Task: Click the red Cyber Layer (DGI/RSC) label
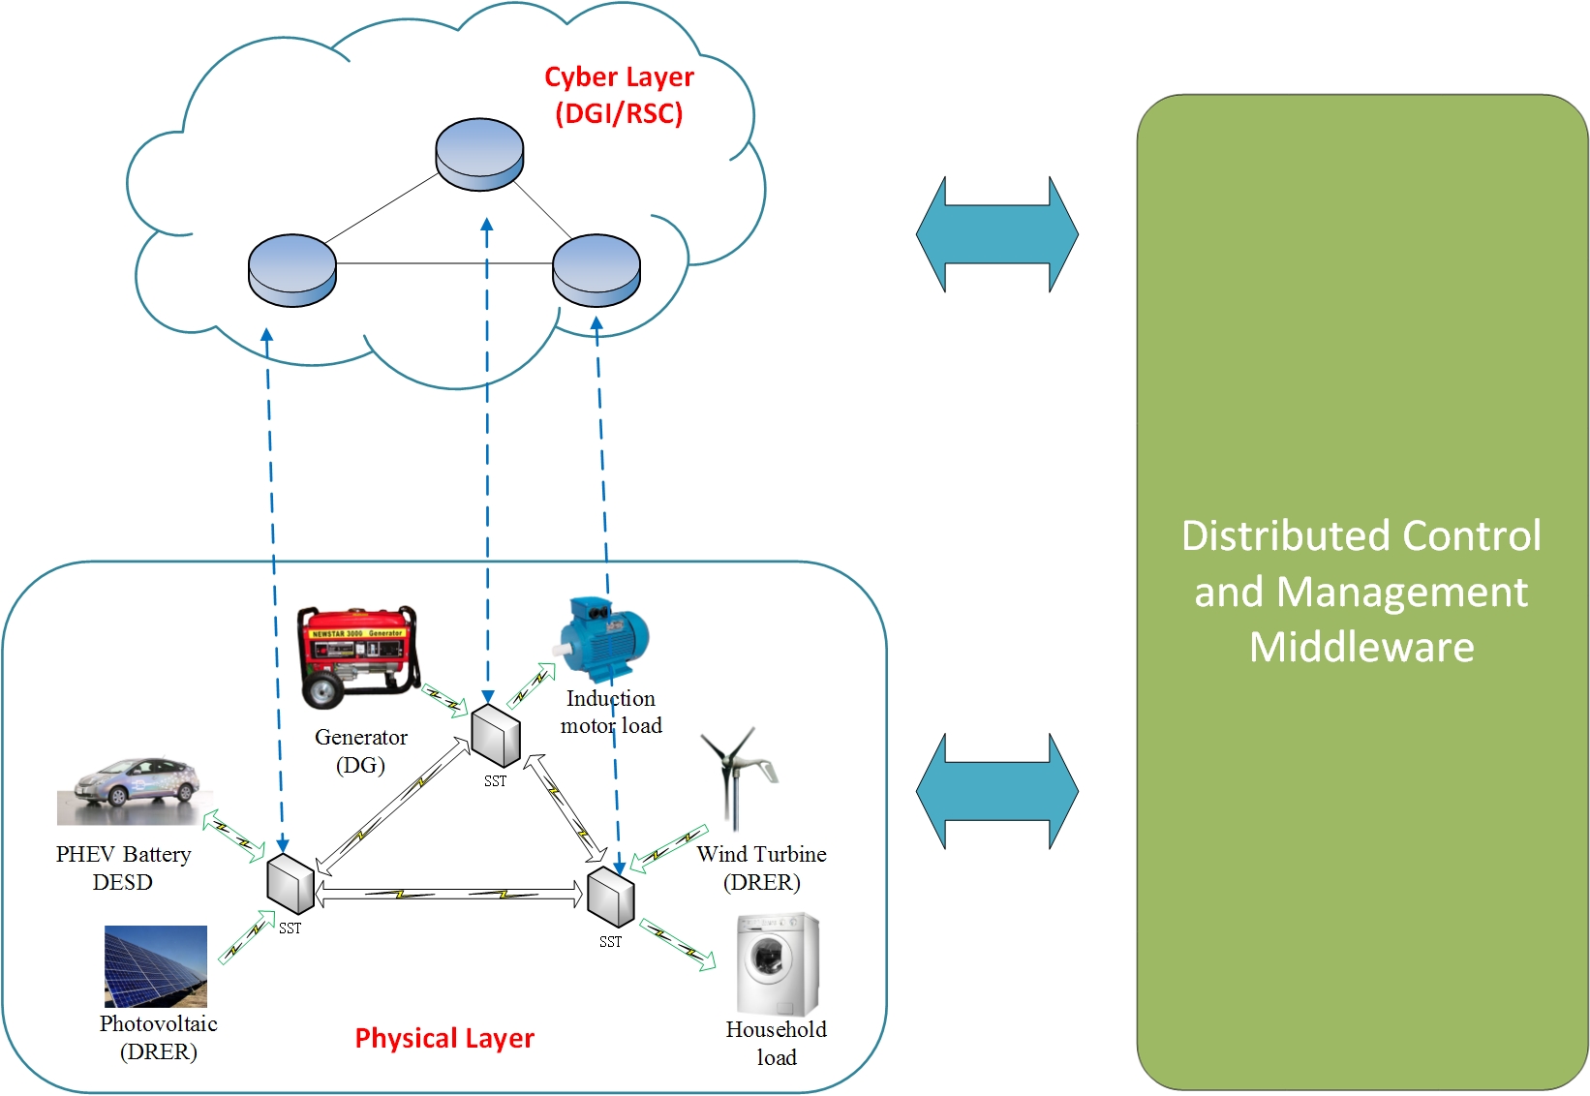619,95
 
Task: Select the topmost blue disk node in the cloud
479,155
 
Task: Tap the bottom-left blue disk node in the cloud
292,271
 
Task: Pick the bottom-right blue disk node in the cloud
596,270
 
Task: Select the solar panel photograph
156,966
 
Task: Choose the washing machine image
778,964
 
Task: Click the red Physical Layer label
444,1038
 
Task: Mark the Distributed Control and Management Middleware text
1361,592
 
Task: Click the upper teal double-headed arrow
997,234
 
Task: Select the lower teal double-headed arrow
997,791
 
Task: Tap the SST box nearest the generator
496,737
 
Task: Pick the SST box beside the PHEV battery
290,883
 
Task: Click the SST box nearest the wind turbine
611,897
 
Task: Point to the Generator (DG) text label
361,751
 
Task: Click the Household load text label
777,1043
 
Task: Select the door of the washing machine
768,960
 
